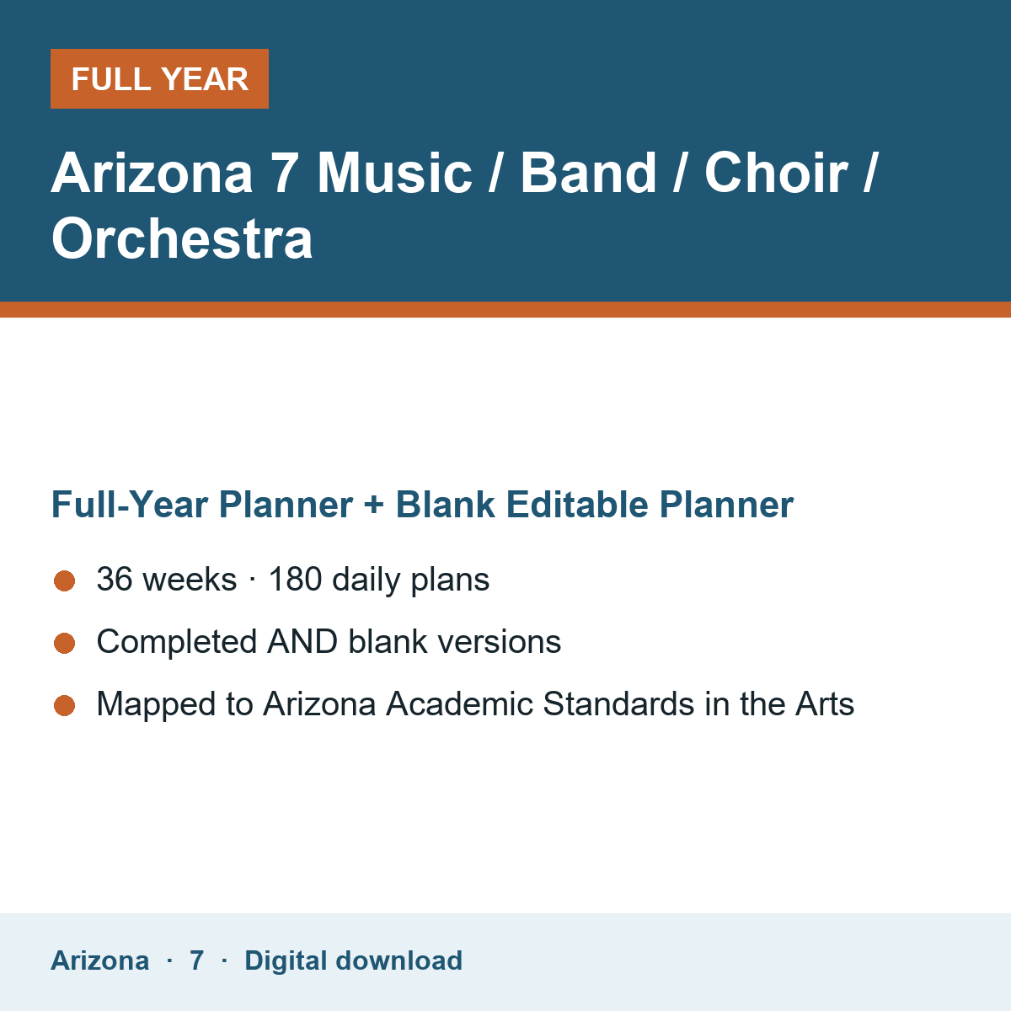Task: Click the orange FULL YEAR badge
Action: coord(159,78)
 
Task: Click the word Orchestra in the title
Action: coord(182,238)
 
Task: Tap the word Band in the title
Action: coord(587,173)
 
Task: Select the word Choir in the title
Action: coord(776,173)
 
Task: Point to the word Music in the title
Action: coord(394,173)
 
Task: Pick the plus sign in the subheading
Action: coord(374,505)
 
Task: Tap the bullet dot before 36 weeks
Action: coord(65,580)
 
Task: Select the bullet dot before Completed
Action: coord(65,643)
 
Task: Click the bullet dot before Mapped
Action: coord(65,705)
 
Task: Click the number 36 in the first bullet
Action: coord(115,579)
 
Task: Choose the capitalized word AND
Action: coord(302,641)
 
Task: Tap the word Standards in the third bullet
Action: coord(618,703)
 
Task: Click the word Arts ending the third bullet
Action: coord(825,703)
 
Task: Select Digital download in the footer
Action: coord(354,960)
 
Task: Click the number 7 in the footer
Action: coord(197,960)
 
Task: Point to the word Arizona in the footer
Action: coord(99,960)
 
